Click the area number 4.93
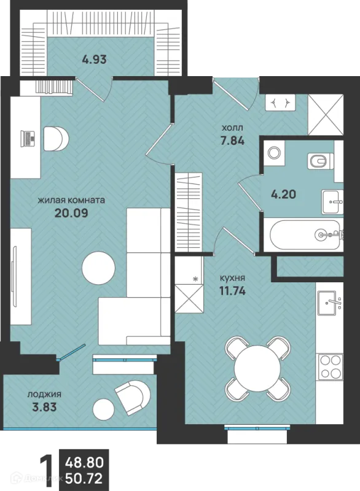(95, 59)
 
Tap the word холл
(232, 128)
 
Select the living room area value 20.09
(71, 213)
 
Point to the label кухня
(232, 278)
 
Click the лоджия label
(44, 395)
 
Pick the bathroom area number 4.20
(283, 195)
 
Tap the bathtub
(303, 235)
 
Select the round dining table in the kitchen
(257, 368)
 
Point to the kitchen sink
(329, 303)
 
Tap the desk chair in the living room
(56, 139)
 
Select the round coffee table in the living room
(98, 268)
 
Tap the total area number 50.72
(84, 479)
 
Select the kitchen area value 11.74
(232, 291)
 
